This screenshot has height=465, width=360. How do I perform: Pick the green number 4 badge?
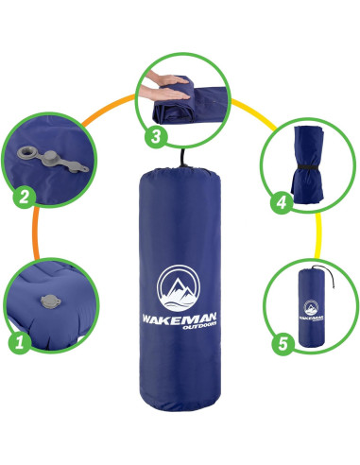click(x=280, y=200)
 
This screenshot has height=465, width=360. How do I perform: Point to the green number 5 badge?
click(x=281, y=343)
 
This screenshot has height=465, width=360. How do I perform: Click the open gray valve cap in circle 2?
click(x=51, y=154)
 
